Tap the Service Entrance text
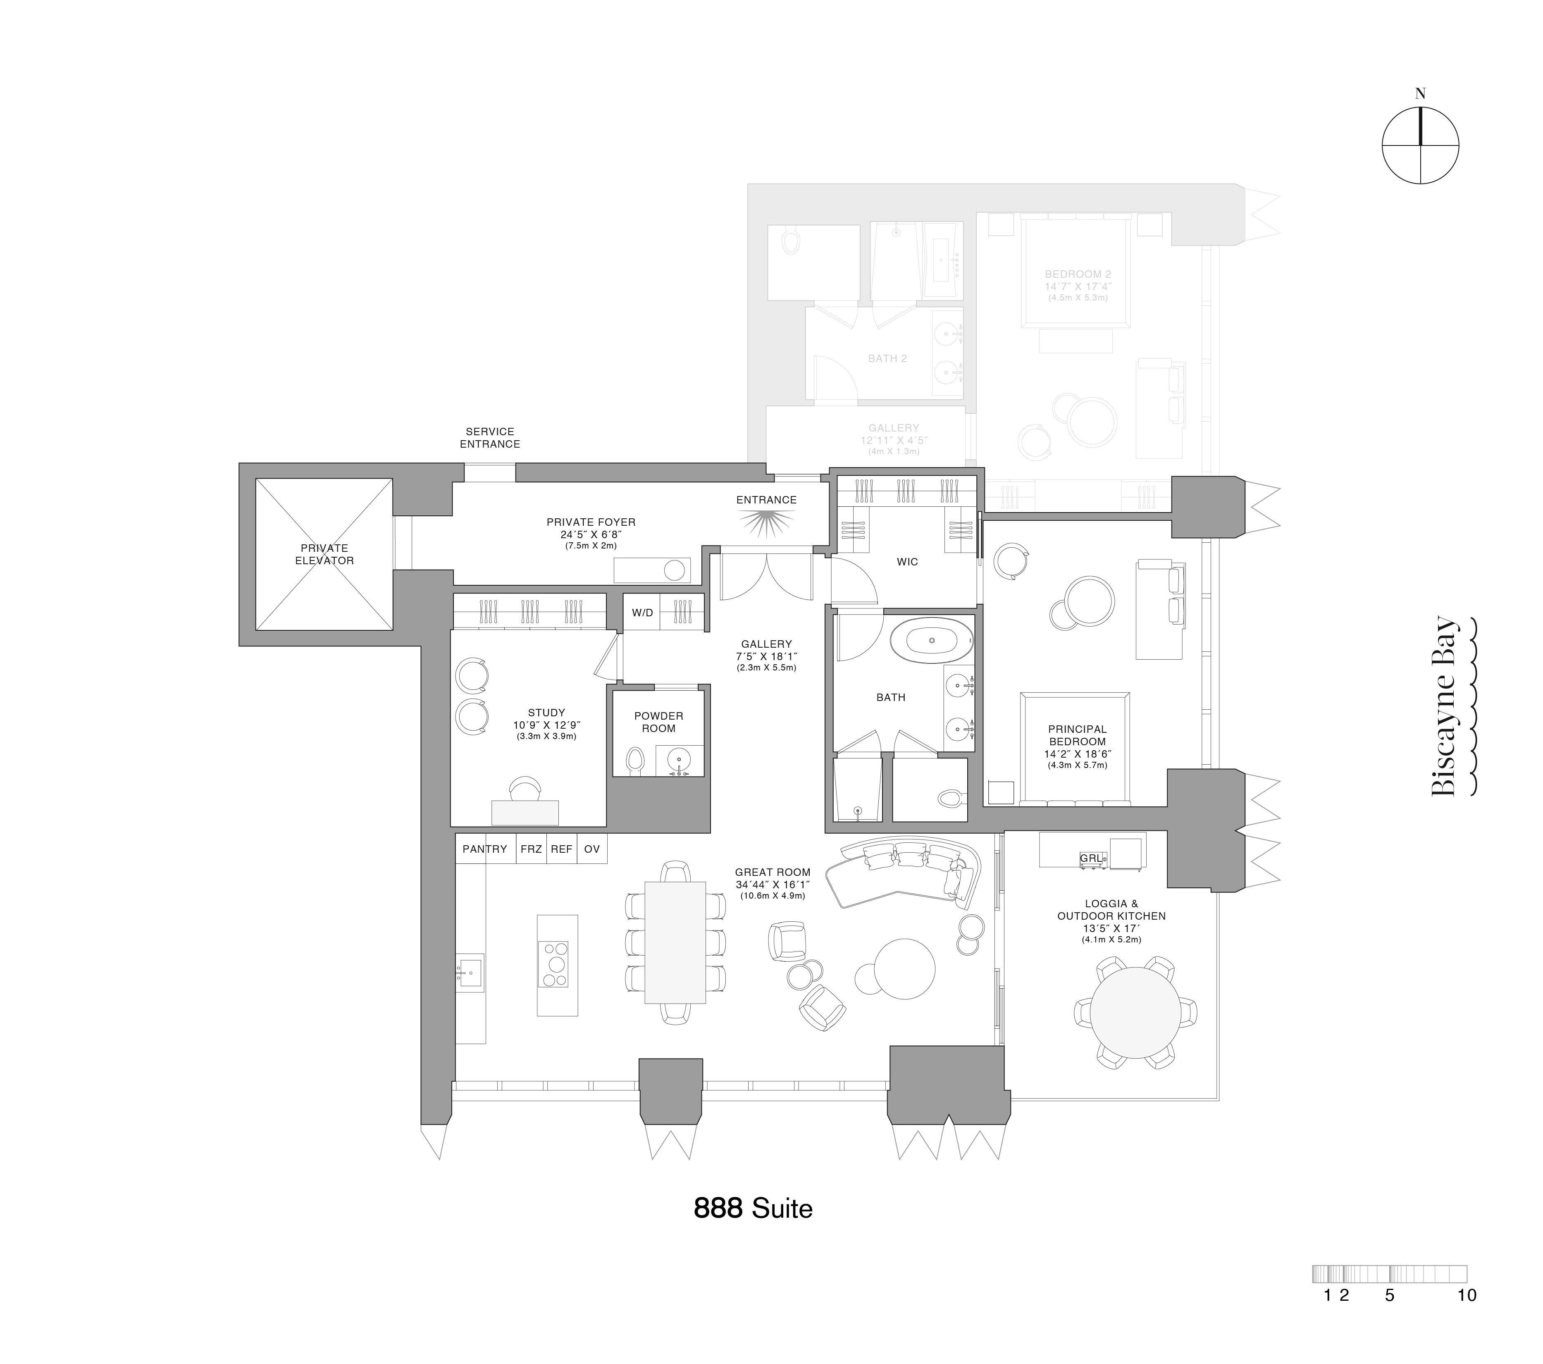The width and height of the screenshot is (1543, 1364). (490, 438)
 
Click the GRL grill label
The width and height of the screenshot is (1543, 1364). (1091, 858)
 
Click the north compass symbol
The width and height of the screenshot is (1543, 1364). (1420, 145)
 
